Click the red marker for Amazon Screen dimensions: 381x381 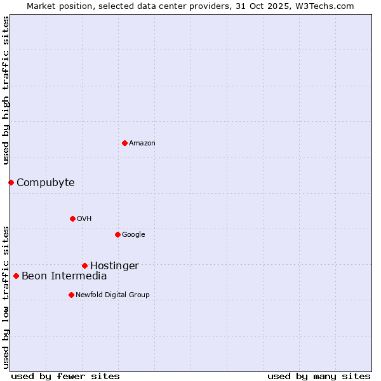(x=124, y=143)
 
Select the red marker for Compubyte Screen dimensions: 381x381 (x=11, y=183)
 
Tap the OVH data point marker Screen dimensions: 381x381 (x=72, y=218)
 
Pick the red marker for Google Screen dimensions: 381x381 (x=117, y=234)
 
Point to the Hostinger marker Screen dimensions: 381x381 (x=84, y=265)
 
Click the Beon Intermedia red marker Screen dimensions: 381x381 (x=16, y=276)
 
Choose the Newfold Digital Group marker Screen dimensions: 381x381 (x=71, y=295)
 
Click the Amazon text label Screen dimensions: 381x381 (x=142, y=143)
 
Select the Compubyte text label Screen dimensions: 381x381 (x=45, y=183)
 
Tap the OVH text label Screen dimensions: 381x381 (x=84, y=218)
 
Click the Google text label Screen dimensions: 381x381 (x=133, y=234)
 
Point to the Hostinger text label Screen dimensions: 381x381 (x=114, y=266)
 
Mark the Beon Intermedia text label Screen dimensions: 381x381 (x=64, y=276)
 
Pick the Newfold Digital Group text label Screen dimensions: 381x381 (x=112, y=295)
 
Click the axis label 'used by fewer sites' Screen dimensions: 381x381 (x=65, y=376)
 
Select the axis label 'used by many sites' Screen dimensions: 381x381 (x=319, y=376)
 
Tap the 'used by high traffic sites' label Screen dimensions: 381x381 (x=6, y=90)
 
